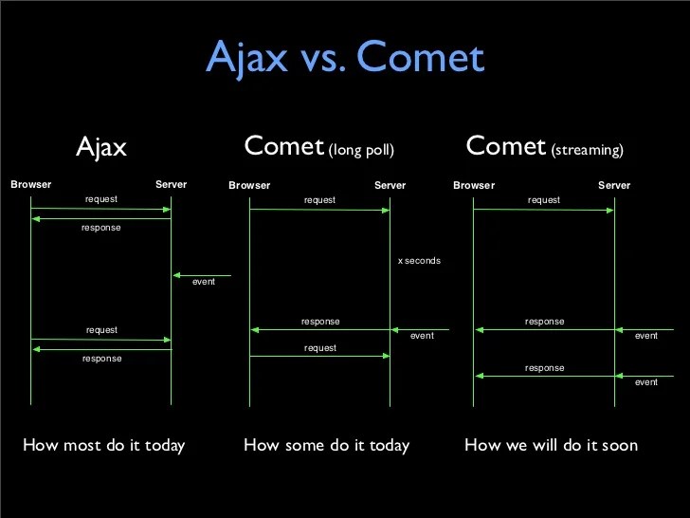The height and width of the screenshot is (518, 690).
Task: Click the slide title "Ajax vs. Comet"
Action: coord(345,57)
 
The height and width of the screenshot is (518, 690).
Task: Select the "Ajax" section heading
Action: coord(101,147)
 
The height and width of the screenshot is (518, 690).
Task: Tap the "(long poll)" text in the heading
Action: coord(361,150)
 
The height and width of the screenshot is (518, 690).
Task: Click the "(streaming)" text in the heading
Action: coord(587,150)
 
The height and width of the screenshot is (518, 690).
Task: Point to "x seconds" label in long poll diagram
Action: coord(419,260)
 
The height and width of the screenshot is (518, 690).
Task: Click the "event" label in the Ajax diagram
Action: coord(203,283)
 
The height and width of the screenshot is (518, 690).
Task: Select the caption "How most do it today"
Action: coord(103,445)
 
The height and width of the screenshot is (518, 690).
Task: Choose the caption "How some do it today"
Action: coord(326,445)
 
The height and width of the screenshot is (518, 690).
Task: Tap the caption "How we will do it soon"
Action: coord(551,445)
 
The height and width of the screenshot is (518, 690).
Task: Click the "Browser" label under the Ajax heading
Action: coord(31,184)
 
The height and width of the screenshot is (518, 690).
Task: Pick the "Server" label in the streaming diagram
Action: coord(614,185)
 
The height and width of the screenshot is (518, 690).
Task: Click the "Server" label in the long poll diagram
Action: coord(390,185)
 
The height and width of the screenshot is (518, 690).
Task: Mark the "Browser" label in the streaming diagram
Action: coord(474,185)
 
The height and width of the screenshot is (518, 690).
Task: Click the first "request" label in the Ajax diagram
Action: coord(101,199)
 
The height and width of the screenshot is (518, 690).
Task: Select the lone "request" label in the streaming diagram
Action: coord(544,200)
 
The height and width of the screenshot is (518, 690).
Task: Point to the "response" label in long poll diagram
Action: coord(320,322)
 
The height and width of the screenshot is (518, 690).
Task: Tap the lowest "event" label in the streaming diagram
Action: coord(646,381)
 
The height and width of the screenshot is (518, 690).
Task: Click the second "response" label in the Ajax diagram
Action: coord(101,359)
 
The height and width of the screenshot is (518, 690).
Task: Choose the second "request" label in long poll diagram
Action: coord(320,348)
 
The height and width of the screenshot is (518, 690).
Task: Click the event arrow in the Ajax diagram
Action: coord(202,275)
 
